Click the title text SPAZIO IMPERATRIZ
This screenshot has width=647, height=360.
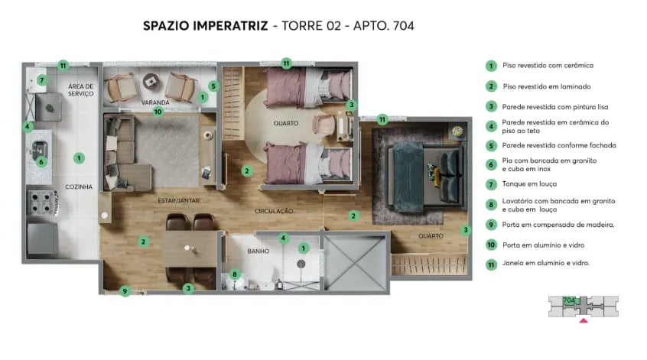click(205, 26)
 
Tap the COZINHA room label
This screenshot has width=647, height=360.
click(78, 186)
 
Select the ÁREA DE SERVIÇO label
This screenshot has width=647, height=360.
click(80, 89)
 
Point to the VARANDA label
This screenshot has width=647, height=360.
click(154, 102)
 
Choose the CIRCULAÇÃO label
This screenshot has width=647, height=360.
click(275, 210)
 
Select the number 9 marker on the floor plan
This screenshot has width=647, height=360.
click(125, 290)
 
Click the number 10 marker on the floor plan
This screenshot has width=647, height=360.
click(158, 112)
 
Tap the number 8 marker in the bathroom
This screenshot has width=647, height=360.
click(236, 274)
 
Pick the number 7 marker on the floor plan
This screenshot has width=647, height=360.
click(42, 79)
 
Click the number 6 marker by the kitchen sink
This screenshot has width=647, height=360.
click(42, 161)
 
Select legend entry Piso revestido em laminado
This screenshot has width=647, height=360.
click(547, 86)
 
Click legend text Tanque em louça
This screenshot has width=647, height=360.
click(529, 184)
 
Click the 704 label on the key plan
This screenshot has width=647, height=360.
click(568, 300)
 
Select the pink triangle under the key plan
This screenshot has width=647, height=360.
click(584, 321)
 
